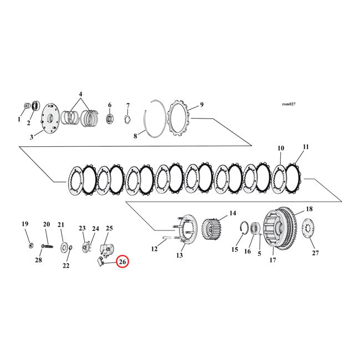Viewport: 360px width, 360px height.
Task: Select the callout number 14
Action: point(233,213)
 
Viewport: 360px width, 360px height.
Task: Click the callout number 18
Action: point(308,209)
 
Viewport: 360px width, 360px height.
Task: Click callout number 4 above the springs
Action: point(80,95)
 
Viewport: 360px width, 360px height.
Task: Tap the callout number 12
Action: point(155,249)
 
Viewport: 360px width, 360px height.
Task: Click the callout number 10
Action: point(281,148)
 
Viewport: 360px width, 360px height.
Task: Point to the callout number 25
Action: point(109,228)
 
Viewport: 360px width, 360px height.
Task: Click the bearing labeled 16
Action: point(256,228)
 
